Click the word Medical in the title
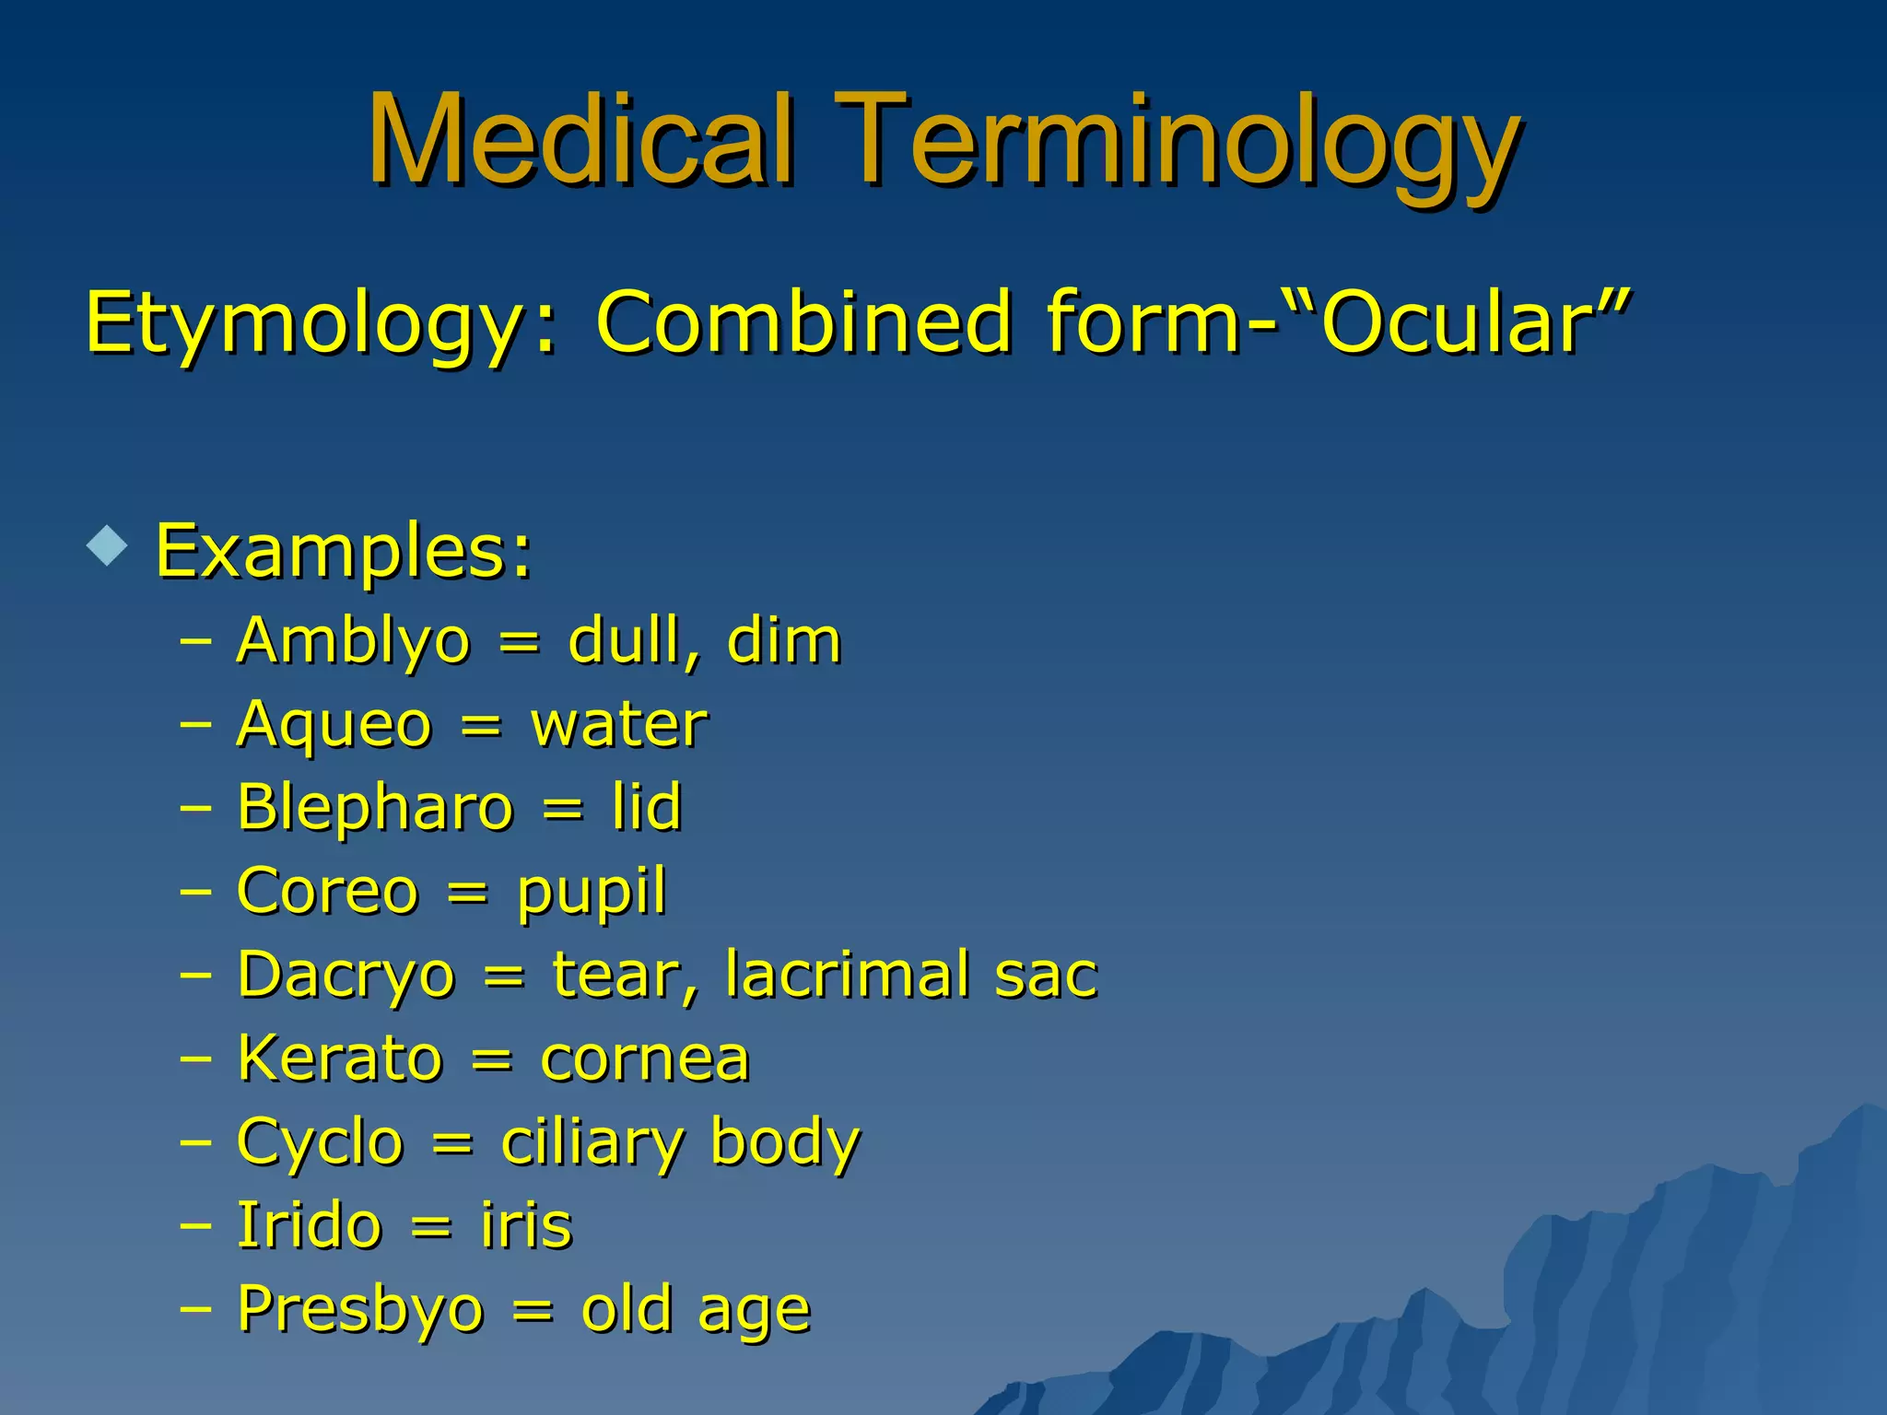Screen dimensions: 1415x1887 pos(580,140)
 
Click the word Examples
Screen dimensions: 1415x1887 pos(344,551)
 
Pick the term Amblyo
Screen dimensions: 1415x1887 pos(353,640)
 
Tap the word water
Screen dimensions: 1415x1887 pos(619,724)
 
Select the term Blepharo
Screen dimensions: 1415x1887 pos(375,808)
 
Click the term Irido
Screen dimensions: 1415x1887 pos(309,1226)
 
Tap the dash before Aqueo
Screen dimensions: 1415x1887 pos(196,725)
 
